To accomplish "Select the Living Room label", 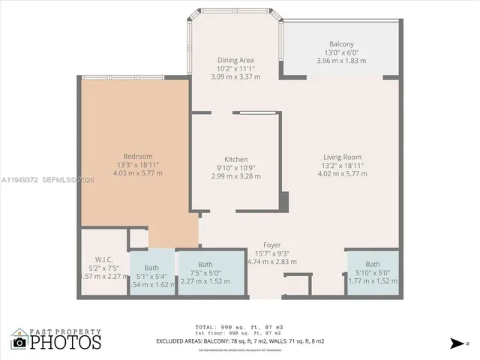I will tap(341, 157).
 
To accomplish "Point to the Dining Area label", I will tap(235, 60).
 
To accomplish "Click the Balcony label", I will tap(341, 44).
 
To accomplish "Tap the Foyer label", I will tap(271, 245).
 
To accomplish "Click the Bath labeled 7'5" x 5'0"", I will tap(205, 264).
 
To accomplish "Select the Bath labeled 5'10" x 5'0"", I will tap(373, 264).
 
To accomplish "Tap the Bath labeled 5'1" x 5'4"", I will tap(151, 268).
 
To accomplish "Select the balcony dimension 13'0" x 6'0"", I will tap(341, 52).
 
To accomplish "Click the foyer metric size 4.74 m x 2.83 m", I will tap(271, 262).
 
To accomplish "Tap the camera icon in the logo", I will tap(19, 342).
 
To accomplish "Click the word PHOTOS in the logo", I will tap(66, 342).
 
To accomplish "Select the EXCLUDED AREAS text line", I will tap(240, 341).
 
